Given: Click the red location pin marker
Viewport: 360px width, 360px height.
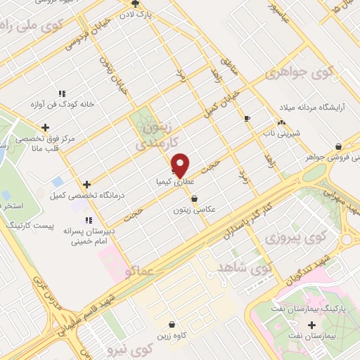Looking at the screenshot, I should pos(181,165).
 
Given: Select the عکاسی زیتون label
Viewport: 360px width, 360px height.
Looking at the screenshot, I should pos(194,210).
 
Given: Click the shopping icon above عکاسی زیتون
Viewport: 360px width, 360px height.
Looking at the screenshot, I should pos(194,199).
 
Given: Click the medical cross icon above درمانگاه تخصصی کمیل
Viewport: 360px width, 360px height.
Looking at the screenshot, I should pos(86,184).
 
